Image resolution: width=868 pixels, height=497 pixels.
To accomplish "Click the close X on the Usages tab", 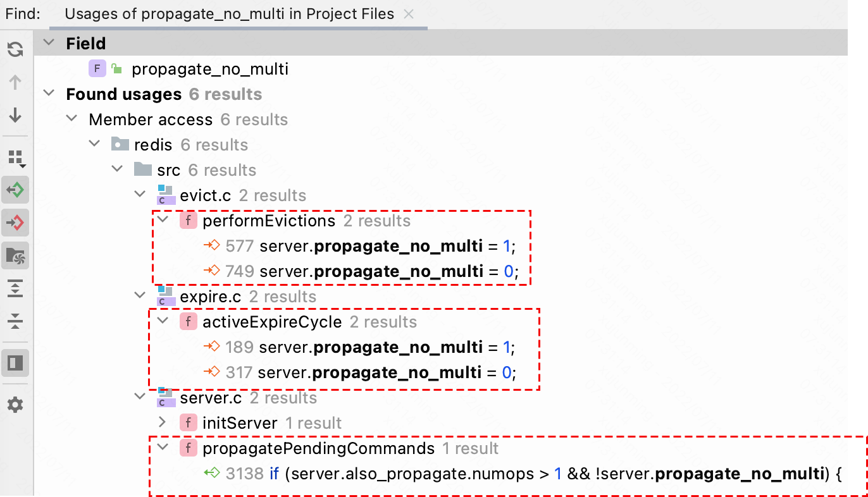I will coord(409,14).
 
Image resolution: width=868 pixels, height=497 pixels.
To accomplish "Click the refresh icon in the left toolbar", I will coord(15,49).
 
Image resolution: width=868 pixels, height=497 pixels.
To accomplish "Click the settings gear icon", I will coord(15,405).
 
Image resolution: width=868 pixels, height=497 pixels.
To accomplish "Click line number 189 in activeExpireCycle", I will coord(239,347).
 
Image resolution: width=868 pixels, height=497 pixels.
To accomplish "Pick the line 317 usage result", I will coord(373,372).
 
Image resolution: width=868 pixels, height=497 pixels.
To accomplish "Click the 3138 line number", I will coord(244,474).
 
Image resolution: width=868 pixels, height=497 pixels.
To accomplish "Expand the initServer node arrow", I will coord(162,422).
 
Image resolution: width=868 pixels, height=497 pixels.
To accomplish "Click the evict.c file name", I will coord(205,195).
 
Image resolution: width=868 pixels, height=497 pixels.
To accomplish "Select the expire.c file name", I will coord(211,297).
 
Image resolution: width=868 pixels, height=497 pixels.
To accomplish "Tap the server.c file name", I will coord(211,398).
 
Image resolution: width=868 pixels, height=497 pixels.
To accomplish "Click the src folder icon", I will coord(143,170).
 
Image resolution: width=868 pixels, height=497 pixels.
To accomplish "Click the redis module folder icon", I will coord(120,145).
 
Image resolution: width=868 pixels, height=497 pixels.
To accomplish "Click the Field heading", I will coord(85,44).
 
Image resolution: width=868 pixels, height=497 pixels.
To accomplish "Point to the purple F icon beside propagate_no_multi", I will coord(97,68).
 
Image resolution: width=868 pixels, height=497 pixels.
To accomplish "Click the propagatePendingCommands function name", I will coord(318,448).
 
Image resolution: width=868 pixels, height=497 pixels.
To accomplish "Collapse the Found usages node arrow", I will coord(49,94).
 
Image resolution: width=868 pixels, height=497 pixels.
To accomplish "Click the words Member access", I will coord(151,120).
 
